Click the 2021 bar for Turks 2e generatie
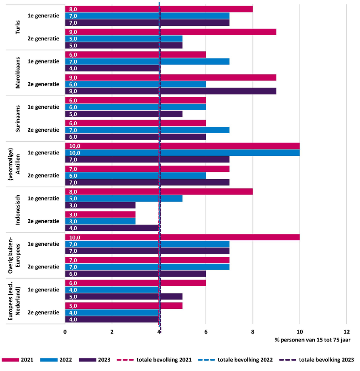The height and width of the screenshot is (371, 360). pyautogui.click(x=170, y=32)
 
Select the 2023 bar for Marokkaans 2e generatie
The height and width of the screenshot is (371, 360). pyautogui.click(x=170, y=91)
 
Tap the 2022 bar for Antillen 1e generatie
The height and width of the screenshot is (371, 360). pyautogui.click(x=182, y=153)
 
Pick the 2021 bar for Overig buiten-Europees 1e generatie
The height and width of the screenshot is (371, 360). pyautogui.click(x=182, y=237)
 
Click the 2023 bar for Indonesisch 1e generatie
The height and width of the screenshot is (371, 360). pyautogui.click(x=100, y=205)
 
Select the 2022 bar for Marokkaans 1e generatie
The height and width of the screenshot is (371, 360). pyautogui.click(x=147, y=61)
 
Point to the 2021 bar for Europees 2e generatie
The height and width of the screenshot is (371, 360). pyautogui.click(x=123, y=306)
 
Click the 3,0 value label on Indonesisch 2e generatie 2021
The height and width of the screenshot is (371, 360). pyautogui.click(x=73, y=214)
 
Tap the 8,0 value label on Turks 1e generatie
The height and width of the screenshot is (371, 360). pyautogui.click(x=73, y=9)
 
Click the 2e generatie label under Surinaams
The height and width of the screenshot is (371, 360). pyautogui.click(x=43, y=130)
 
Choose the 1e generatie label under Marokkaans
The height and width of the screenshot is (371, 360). pyautogui.click(x=43, y=61)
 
